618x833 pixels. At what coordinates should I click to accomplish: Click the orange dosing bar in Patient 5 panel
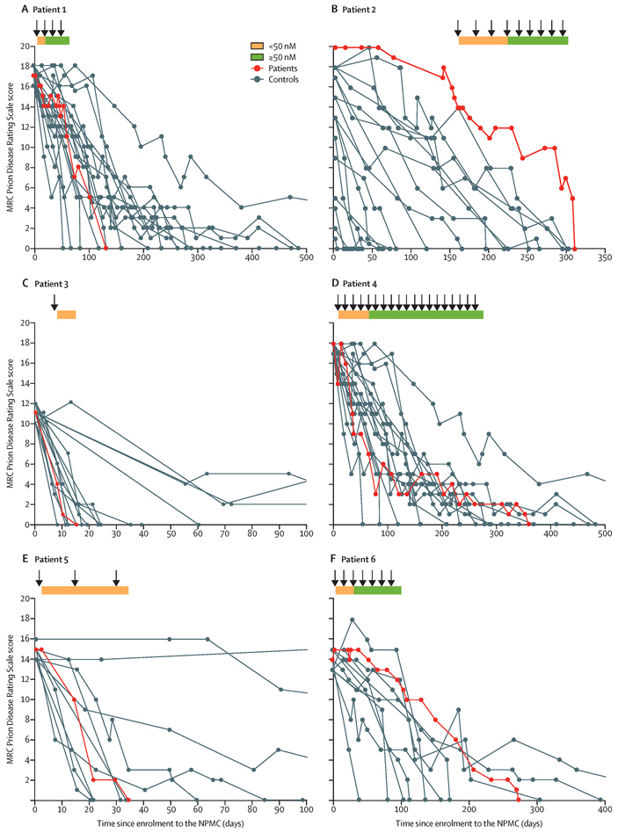tap(84, 590)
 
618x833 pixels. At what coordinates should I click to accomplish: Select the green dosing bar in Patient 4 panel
tap(425, 314)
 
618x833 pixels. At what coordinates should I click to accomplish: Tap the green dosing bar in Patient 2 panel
tap(537, 40)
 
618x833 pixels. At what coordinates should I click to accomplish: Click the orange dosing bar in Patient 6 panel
tap(344, 590)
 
